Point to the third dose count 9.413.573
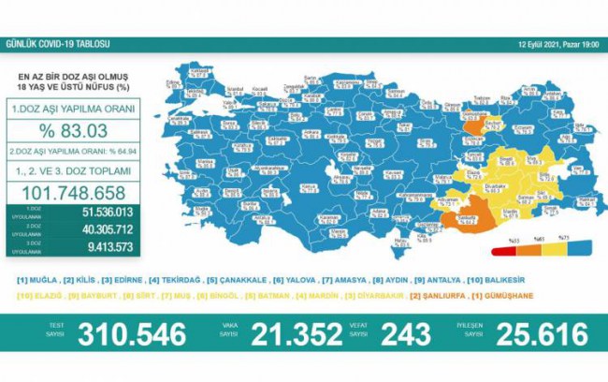94,246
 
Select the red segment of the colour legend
510,246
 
